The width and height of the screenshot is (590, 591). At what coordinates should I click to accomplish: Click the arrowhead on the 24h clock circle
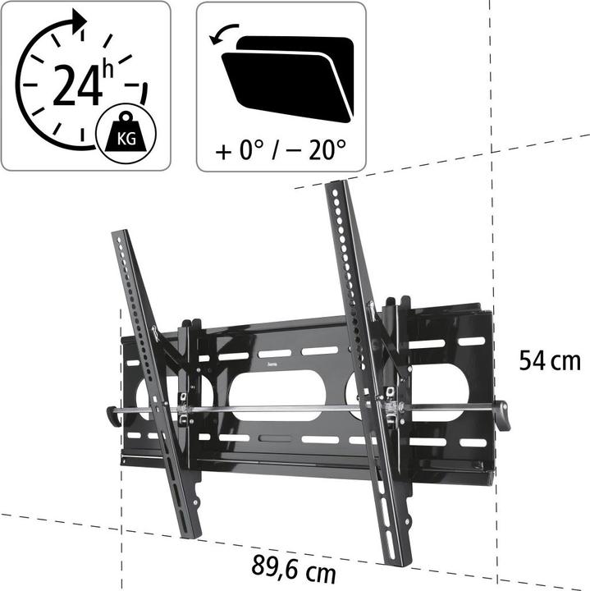[77, 20]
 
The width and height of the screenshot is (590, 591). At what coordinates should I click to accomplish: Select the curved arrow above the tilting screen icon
[226, 34]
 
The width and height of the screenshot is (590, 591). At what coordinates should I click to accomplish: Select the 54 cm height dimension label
[549, 361]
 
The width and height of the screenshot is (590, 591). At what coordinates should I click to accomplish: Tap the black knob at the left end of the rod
[114, 414]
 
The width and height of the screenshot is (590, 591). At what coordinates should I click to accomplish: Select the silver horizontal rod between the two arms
[287, 407]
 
